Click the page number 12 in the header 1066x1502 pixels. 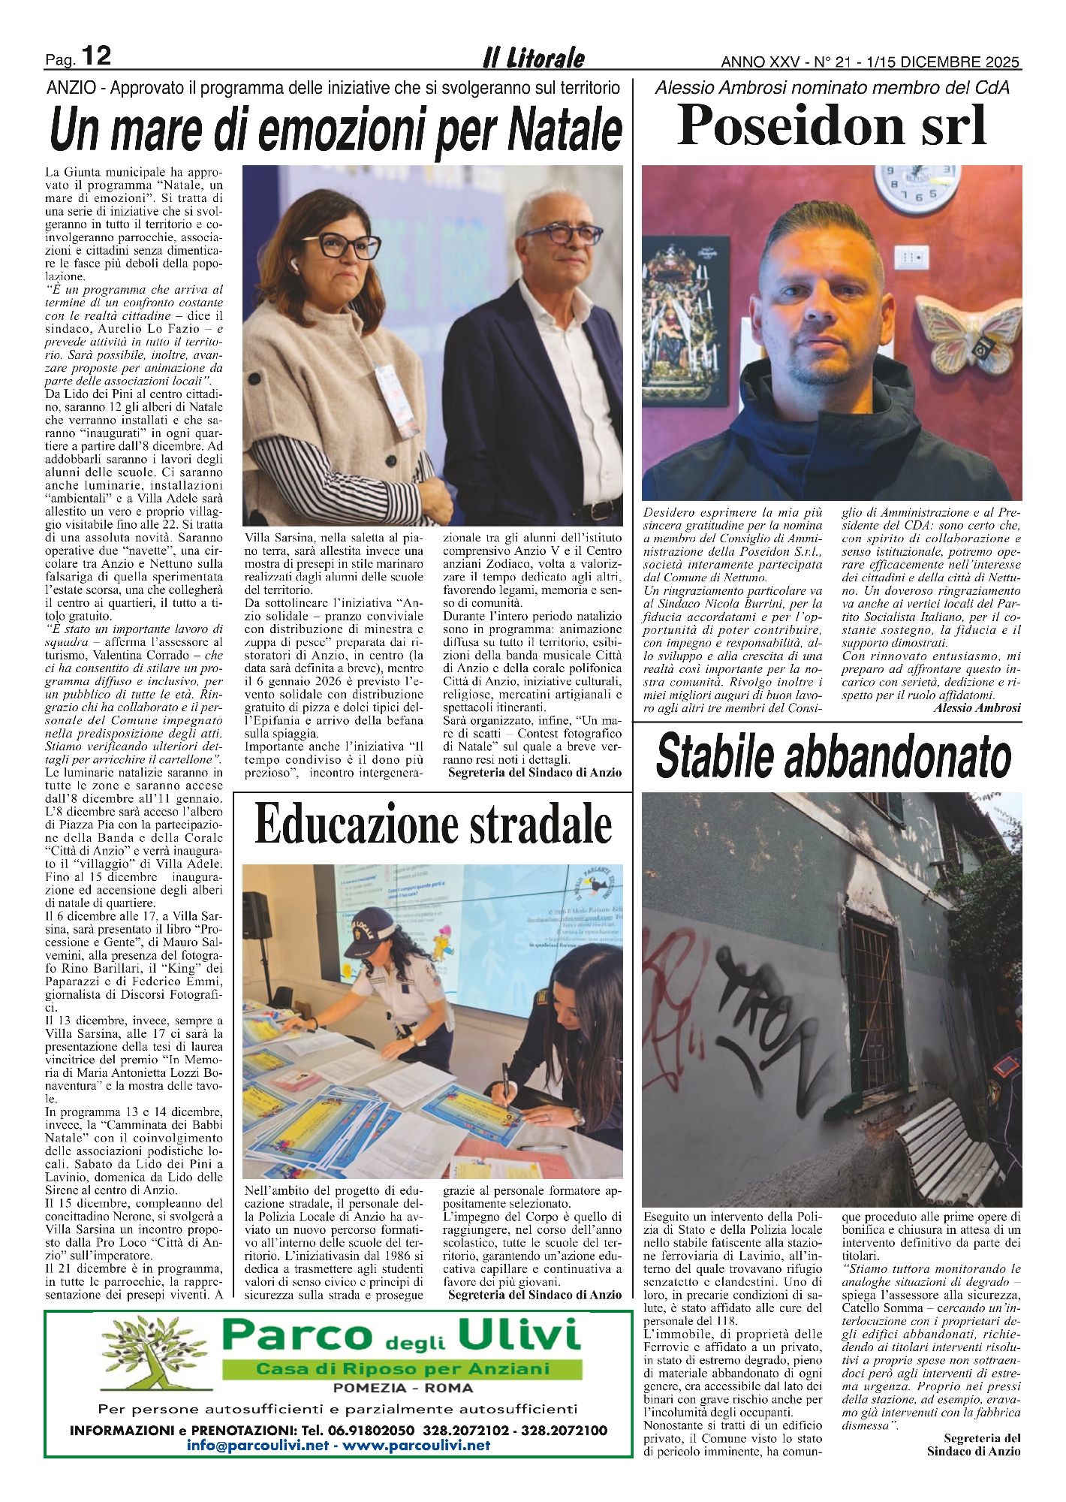click(x=95, y=56)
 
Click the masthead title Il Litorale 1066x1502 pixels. click(x=533, y=58)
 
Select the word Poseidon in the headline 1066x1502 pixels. click(x=784, y=125)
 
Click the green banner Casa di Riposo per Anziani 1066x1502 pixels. click(x=402, y=1369)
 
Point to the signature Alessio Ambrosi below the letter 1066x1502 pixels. click(x=977, y=707)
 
